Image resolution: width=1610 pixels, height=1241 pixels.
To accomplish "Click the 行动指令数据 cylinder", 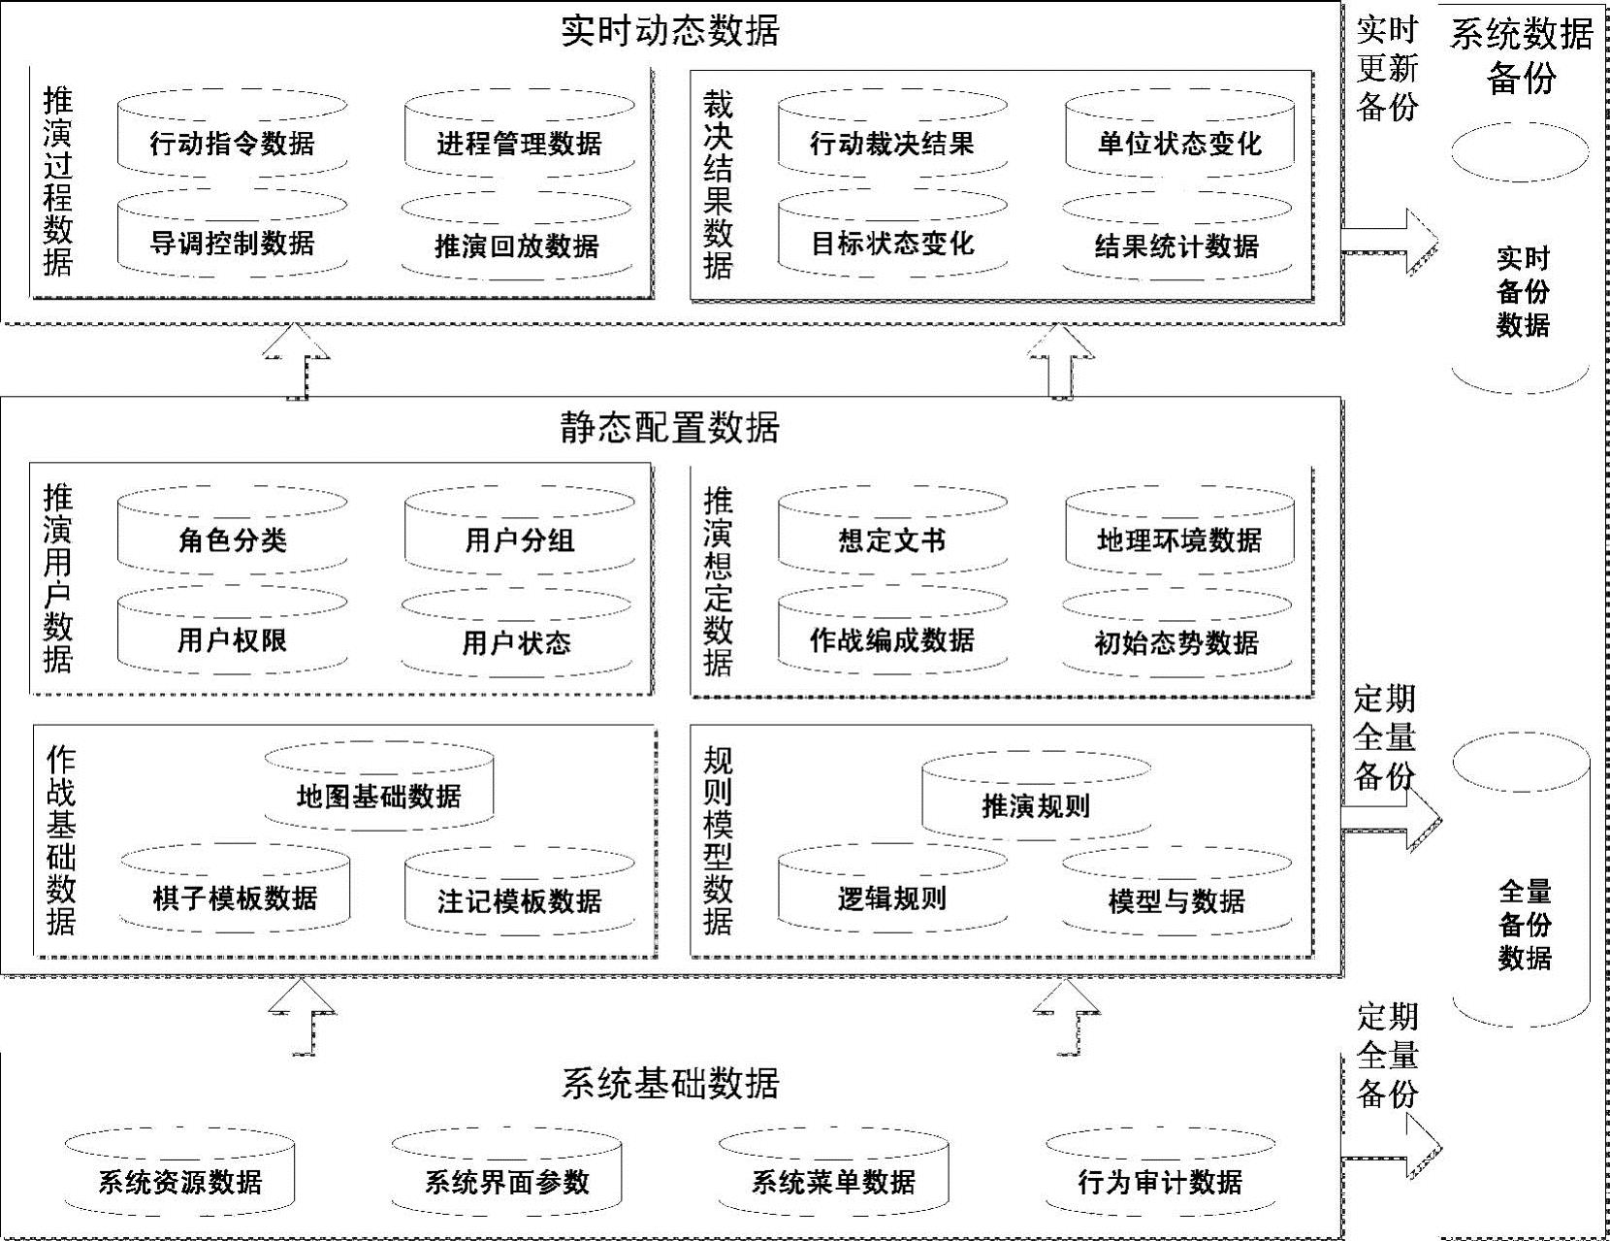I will (232, 144).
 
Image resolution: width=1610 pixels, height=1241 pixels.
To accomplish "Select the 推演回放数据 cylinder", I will (516, 245).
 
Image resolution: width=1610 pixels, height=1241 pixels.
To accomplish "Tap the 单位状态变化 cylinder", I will (1179, 144).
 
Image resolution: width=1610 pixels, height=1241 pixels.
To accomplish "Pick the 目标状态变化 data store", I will (892, 243).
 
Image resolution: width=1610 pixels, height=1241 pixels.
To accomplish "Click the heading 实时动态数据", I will (670, 31).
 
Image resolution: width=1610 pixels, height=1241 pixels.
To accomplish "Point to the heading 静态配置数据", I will (670, 427).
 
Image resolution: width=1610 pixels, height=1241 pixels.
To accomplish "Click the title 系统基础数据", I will (670, 1083).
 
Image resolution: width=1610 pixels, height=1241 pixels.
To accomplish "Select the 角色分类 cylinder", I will (232, 539).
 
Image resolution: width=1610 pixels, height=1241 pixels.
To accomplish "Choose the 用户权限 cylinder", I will (232, 640).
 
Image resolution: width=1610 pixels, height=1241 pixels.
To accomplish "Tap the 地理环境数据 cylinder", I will (1179, 539).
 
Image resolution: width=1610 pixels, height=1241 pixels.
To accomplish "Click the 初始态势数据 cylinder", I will (1176, 642).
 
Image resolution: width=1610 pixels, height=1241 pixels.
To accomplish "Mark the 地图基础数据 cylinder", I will (378, 796).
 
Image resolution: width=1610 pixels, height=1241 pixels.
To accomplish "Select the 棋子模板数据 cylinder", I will (235, 898).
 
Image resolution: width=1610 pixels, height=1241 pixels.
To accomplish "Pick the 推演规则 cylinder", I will (1036, 805).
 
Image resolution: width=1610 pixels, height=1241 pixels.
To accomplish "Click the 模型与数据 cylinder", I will (1176, 901).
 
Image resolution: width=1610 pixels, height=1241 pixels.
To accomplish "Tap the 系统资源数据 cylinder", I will (179, 1182).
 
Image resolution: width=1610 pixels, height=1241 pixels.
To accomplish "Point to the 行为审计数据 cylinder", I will (1160, 1182).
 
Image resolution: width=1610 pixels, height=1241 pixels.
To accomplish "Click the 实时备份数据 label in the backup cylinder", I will (1523, 291).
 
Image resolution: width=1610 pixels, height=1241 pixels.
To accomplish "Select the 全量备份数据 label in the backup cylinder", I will (1525, 924).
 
